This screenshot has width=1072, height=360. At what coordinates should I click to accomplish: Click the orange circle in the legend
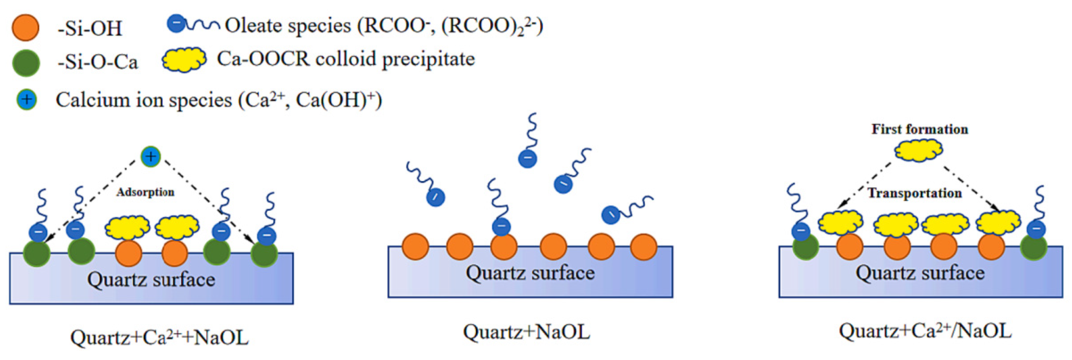(x=26, y=28)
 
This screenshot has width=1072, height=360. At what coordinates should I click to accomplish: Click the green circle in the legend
(x=26, y=63)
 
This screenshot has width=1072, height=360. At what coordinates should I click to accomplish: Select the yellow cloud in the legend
(x=183, y=60)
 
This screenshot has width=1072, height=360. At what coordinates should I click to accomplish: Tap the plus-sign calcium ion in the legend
(x=27, y=100)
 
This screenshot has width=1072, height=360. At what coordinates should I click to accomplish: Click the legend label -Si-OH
(x=89, y=29)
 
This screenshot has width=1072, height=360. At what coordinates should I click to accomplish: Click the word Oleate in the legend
(x=253, y=26)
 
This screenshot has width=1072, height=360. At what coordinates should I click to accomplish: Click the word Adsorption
(x=145, y=192)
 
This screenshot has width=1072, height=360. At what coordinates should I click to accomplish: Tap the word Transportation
(x=915, y=193)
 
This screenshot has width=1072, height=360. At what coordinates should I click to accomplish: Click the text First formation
(x=920, y=130)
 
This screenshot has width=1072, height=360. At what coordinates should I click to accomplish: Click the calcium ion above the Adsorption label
(x=150, y=157)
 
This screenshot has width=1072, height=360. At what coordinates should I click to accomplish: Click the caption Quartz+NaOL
(x=526, y=332)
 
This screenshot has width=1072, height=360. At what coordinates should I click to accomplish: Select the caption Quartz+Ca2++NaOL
(x=159, y=337)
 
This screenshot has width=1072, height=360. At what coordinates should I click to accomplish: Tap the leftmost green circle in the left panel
(x=37, y=253)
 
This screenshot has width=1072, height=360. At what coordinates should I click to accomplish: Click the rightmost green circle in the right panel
(x=1034, y=247)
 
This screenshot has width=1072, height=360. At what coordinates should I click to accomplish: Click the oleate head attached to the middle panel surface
(x=501, y=227)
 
